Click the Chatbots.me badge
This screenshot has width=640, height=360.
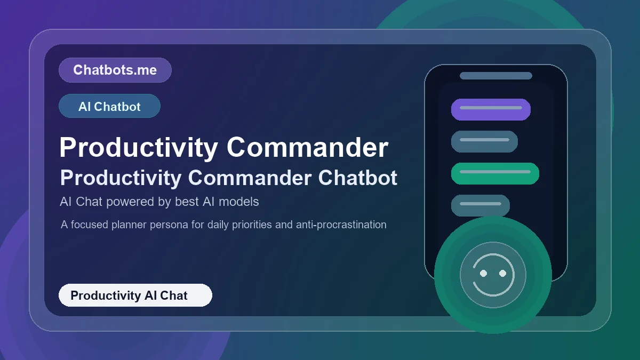point(115,70)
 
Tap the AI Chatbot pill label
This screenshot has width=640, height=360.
point(109,106)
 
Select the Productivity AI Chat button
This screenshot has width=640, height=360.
point(135,295)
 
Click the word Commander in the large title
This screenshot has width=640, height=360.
point(307,147)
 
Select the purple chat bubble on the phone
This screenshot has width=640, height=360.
point(491,109)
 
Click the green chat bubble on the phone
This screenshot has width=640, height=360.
point(495,173)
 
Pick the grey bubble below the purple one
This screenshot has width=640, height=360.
point(484,141)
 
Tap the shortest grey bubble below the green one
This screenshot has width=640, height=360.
point(480,205)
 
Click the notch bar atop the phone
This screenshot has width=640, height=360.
point(495,76)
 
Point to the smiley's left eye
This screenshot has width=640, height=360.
point(483,274)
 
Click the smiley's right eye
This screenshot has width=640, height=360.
point(502,274)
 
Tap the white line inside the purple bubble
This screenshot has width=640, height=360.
point(491,108)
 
